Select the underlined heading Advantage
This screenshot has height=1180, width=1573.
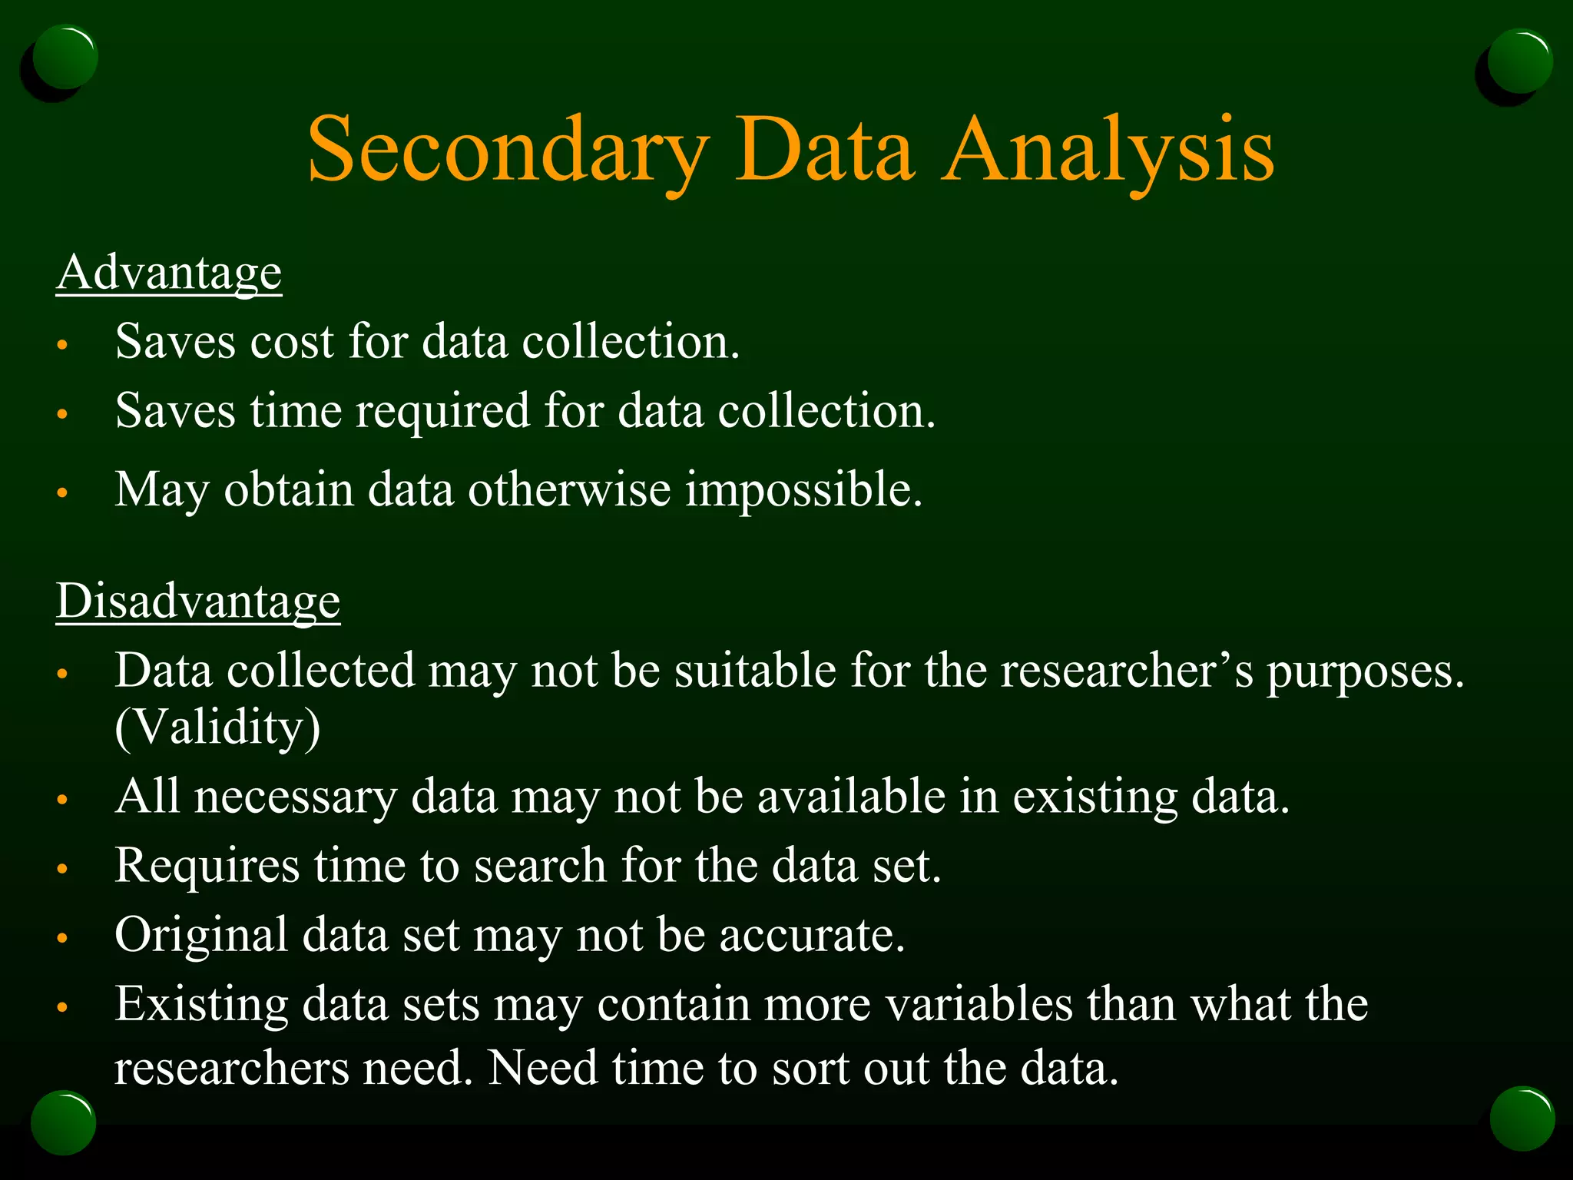click(x=169, y=273)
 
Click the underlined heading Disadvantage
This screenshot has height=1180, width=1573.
click(x=198, y=601)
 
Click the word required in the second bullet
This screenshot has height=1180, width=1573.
click(x=442, y=411)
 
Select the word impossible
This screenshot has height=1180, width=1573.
click(x=803, y=489)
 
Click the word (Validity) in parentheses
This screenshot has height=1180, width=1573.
click(x=217, y=728)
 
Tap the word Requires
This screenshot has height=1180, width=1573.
click(x=207, y=866)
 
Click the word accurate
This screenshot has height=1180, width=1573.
click(x=812, y=935)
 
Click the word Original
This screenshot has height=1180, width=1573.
click(x=201, y=935)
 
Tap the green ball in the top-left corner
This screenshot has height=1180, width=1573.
click(x=65, y=57)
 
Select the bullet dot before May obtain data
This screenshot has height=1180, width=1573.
click(x=63, y=492)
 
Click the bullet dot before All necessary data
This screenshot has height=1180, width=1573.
click(x=63, y=800)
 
